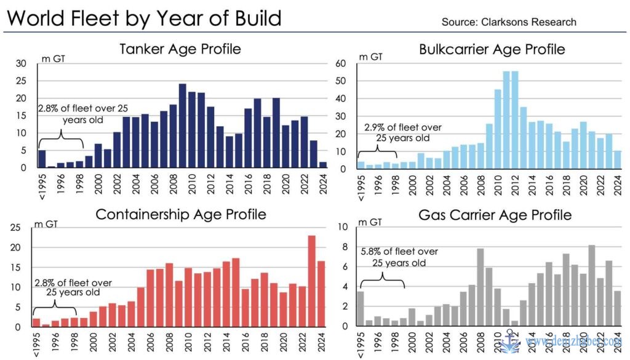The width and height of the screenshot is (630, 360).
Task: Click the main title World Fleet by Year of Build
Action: click(x=143, y=18)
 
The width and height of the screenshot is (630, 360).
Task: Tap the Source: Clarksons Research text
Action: click(x=509, y=22)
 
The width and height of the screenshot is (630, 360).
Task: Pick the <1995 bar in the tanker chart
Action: click(x=42, y=159)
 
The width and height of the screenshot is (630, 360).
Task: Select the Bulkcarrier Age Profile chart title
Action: click(x=492, y=49)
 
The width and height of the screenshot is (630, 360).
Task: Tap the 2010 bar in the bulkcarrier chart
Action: click(x=498, y=129)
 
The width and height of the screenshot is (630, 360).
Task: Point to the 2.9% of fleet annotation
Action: click(x=403, y=132)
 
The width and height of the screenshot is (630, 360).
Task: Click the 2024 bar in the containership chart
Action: click(x=321, y=294)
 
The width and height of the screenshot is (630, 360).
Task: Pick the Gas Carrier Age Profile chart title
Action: click(x=495, y=215)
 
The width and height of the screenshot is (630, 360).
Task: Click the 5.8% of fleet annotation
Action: click(x=398, y=257)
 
